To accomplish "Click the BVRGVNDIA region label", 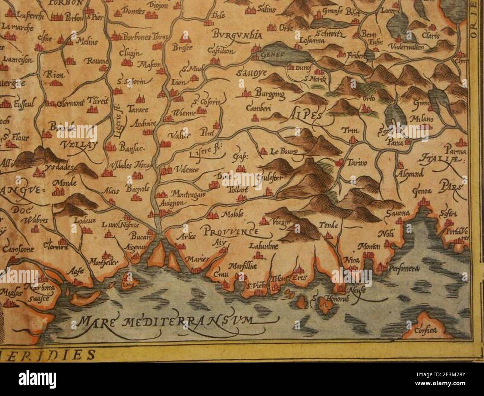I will click(238, 35).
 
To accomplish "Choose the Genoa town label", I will click(422, 191).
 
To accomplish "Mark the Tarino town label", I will click(357, 162).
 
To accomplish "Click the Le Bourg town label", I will click(284, 152).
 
